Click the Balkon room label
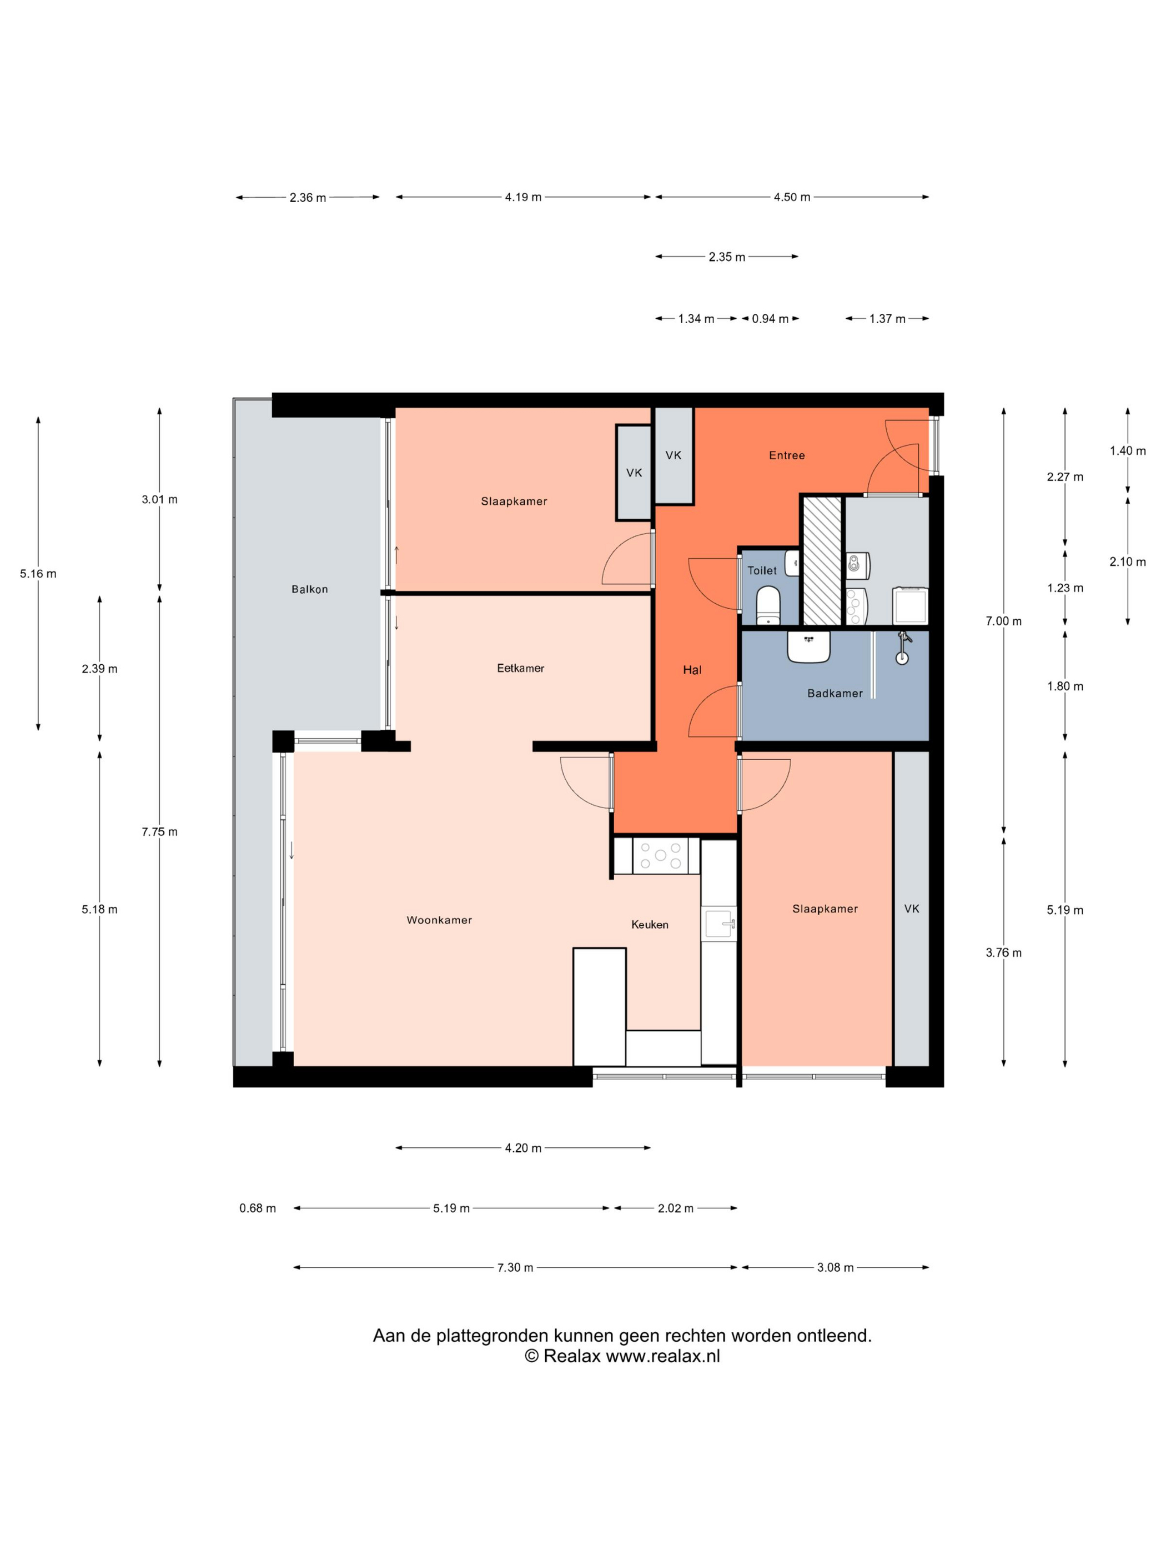coord(309,589)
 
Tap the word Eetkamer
coord(520,668)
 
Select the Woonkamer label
coord(439,920)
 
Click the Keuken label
coord(650,925)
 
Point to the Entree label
coord(786,455)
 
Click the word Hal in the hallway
coord(692,670)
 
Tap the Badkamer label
coord(835,693)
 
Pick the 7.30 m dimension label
coord(515,1267)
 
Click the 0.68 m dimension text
coord(257,1208)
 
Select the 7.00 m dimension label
coord(1003,621)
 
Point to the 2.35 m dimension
coord(727,257)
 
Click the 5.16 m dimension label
coord(38,574)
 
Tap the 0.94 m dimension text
coord(770,318)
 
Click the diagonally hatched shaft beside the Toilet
coord(822,560)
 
